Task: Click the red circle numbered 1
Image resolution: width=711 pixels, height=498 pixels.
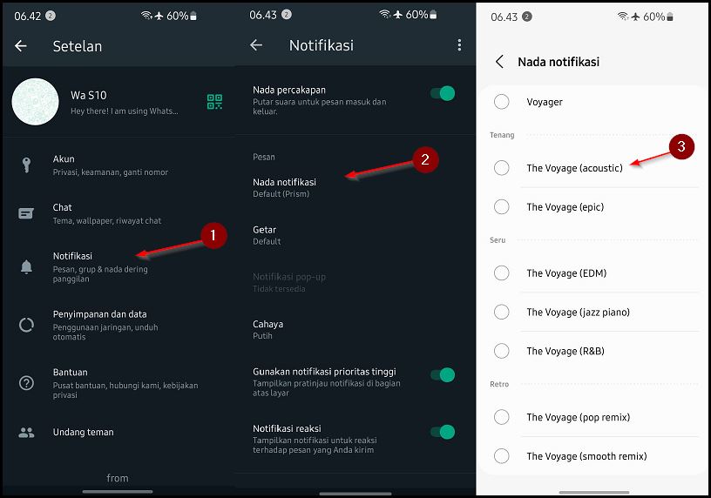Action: click(x=213, y=235)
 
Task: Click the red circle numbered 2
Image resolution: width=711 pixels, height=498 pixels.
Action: click(x=425, y=159)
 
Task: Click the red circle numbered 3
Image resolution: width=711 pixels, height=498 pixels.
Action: click(x=681, y=146)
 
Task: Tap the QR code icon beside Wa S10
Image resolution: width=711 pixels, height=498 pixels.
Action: click(x=214, y=101)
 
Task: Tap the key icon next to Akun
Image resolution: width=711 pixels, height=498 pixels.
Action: click(x=26, y=165)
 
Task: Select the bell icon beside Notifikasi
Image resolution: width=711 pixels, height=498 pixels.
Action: click(x=26, y=267)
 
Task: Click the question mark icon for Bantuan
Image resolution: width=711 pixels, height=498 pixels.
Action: click(x=26, y=382)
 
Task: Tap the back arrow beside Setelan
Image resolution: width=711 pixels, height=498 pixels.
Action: click(x=21, y=46)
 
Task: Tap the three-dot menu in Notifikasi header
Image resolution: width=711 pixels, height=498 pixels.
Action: click(x=459, y=45)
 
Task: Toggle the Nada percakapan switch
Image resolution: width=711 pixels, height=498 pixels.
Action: click(x=443, y=93)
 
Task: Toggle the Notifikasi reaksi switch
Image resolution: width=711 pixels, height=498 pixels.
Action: click(x=443, y=432)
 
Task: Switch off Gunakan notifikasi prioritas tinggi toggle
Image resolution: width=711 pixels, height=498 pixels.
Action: click(x=443, y=375)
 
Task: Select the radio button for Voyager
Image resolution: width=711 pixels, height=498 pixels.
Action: click(x=502, y=102)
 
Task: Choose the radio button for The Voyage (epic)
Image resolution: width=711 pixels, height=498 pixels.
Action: click(x=502, y=206)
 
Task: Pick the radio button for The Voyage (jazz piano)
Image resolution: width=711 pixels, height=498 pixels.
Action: click(x=502, y=312)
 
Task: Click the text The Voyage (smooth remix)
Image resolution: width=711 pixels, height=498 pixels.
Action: click(x=586, y=456)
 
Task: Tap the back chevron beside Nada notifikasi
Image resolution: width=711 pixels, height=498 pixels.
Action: click(x=499, y=62)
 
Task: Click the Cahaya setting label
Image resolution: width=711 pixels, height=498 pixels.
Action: click(x=268, y=324)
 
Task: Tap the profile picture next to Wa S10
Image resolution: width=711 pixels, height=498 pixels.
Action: click(x=35, y=102)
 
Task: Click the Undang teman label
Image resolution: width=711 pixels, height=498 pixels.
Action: click(x=84, y=432)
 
